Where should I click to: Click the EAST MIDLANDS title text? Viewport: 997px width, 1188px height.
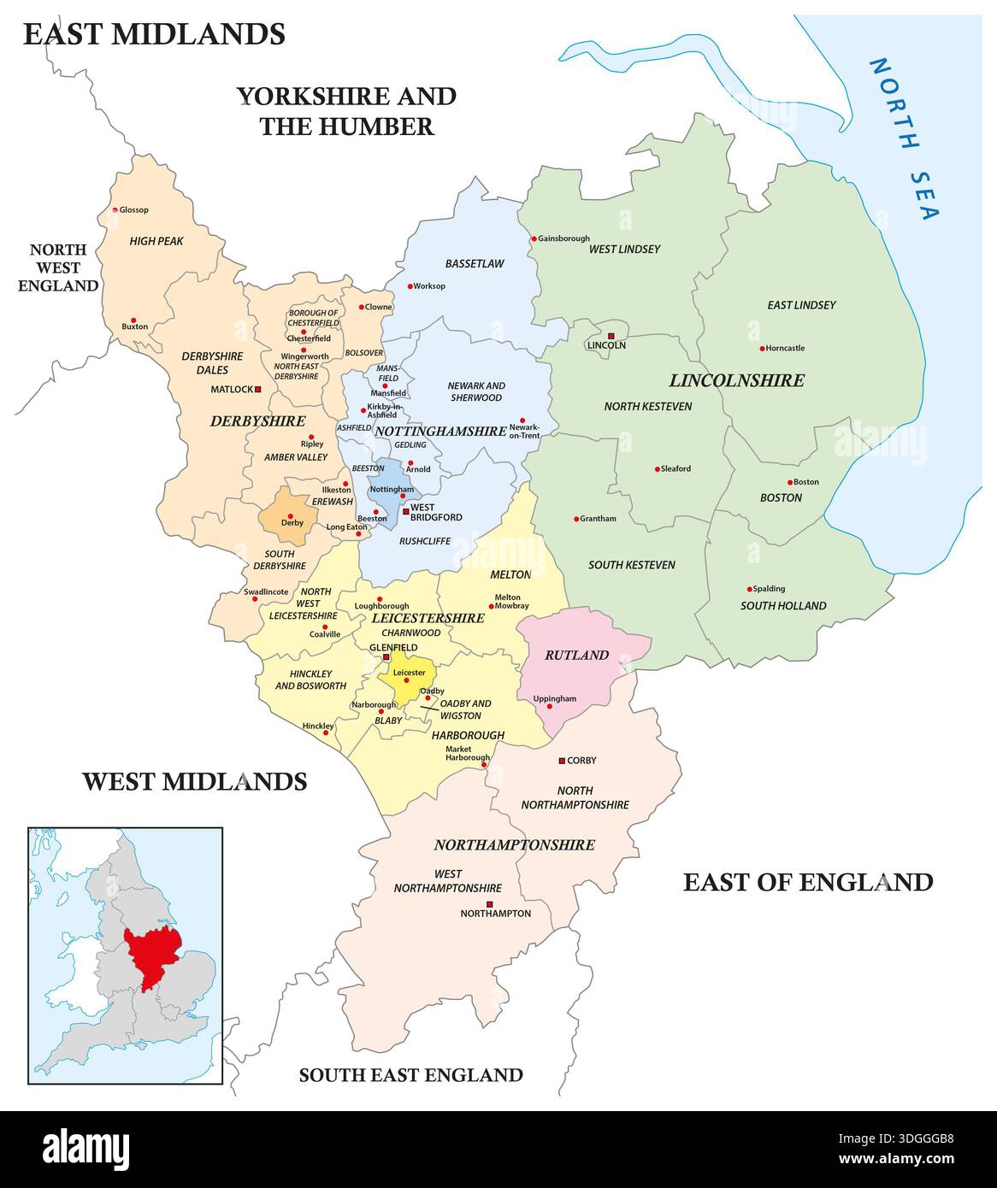154,33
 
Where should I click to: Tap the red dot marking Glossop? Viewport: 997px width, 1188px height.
115,209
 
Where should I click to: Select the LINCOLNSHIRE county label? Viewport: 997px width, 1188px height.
736,380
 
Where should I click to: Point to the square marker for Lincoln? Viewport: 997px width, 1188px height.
611,335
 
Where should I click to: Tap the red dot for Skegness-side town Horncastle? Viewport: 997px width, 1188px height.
761,348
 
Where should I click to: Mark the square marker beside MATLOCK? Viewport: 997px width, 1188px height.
257,389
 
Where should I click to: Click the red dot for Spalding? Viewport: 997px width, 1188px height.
750,588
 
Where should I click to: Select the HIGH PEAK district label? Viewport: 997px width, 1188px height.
156,241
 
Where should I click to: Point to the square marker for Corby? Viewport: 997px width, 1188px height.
561,760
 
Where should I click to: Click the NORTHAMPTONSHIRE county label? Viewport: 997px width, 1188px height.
514,844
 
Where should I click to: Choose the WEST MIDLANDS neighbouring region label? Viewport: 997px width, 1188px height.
194,780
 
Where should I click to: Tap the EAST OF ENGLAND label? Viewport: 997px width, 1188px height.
807,881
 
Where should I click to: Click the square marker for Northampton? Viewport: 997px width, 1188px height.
489,903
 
